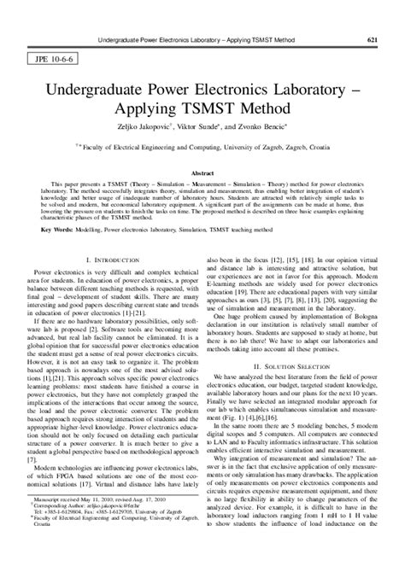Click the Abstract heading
pos(202,172)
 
